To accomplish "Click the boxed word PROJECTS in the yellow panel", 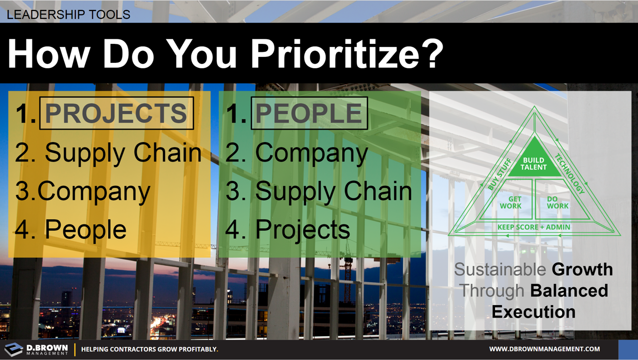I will tap(116, 114).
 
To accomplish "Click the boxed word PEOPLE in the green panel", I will tap(309, 114).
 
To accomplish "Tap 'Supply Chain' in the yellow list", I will tap(123, 153).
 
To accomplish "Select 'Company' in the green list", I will tap(312, 153).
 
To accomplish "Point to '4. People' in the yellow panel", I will tap(71, 229).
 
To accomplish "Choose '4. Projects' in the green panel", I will tap(288, 229).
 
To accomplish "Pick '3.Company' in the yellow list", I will tap(83, 191).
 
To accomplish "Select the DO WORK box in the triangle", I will tap(557, 202).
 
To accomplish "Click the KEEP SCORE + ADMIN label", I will tap(534, 227).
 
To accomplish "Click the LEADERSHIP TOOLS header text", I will tap(68, 14).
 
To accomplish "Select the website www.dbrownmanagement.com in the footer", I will tap(544, 349).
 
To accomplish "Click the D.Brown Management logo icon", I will tap(14, 349).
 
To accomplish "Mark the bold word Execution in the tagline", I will tap(533, 312).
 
